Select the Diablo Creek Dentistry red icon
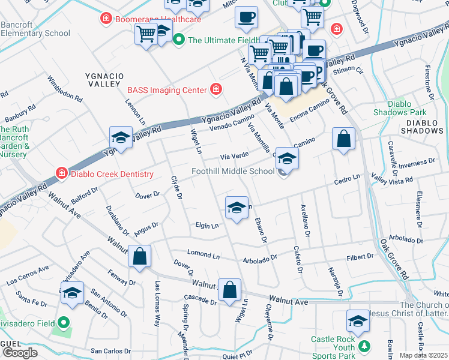(61, 174)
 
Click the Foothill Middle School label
(233, 172)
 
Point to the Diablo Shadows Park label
(399, 108)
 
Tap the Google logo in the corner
(20, 353)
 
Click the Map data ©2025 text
(423, 355)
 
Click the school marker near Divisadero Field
(73, 293)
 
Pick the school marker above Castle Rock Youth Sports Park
(358, 321)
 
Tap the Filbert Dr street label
(360, 257)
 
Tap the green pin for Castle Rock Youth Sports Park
(363, 346)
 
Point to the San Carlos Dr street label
(110, 350)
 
